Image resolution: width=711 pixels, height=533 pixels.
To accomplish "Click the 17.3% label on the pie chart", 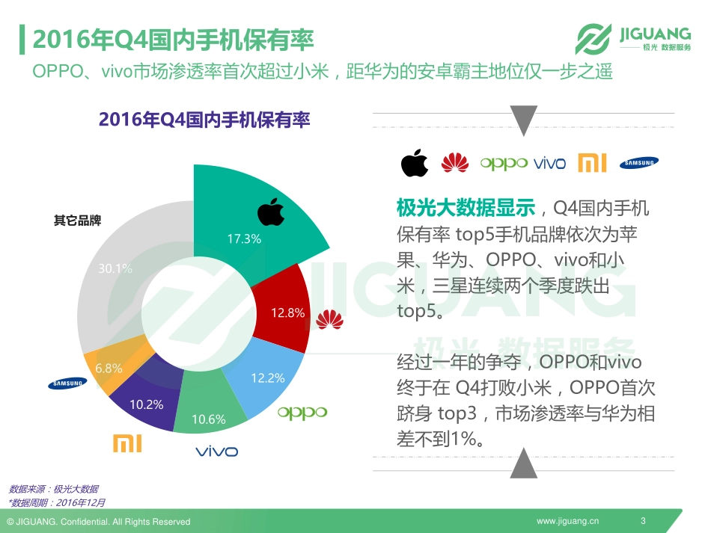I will [244, 239].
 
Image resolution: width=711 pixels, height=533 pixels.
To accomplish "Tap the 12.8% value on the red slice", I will [287, 313].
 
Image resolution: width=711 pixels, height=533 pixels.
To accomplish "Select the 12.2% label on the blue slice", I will [267, 378].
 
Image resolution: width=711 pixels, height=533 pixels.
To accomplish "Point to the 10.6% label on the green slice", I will [208, 419].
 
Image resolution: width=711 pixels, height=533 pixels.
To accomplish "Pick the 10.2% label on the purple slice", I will [146, 404].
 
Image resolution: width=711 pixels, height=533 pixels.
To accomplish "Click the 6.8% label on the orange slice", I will [109, 368].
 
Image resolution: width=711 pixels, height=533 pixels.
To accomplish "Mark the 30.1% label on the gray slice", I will [115, 268].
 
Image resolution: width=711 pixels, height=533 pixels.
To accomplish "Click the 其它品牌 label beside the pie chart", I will [77, 221].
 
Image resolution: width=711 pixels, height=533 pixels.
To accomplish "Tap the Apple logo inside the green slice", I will [271, 212].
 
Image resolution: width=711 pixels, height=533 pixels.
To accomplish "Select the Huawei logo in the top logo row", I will [454, 162].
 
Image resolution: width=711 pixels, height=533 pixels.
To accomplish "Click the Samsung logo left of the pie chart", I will [68, 383].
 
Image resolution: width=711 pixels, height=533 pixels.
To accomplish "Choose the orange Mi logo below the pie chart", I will [127, 443].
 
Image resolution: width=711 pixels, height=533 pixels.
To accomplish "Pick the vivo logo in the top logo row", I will [549, 164].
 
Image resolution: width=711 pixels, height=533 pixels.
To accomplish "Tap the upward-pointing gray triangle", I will [524, 463].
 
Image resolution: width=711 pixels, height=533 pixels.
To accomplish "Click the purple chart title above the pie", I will [204, 120].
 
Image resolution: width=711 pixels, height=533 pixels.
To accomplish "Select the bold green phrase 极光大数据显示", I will [466, 207].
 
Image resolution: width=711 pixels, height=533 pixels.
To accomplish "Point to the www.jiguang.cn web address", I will [568, 521].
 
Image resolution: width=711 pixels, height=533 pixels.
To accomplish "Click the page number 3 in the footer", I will [643, 521].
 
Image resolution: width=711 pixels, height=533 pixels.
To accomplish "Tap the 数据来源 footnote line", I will [53, 489].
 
